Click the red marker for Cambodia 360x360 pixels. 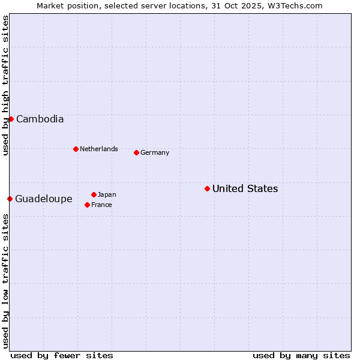[x=11, y=119]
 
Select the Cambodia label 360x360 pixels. [x=40, y=119]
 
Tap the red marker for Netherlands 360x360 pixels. [x=76, y=149]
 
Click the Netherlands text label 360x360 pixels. [x=98, y=149]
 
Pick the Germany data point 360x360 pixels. [x=136, y=152]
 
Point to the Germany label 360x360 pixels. [x=155, y=152]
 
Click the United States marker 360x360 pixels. [x=207, y=188]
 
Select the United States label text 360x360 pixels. [x=245, y=188]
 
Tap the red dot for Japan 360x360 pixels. [x=94, y=194]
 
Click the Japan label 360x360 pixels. [x=107, y=194]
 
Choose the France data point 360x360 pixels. [x=87, y=205]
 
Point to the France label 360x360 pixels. [x=101, y=205]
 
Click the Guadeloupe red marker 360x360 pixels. [x=10, y=199]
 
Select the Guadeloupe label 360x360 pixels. [x=44, y=199]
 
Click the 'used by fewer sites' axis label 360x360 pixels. [x=62, y=355]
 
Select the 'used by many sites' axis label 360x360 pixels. [x=301, y=355]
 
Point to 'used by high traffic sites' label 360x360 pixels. [x=5, y=85]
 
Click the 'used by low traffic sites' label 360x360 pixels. [x=5, y=281]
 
